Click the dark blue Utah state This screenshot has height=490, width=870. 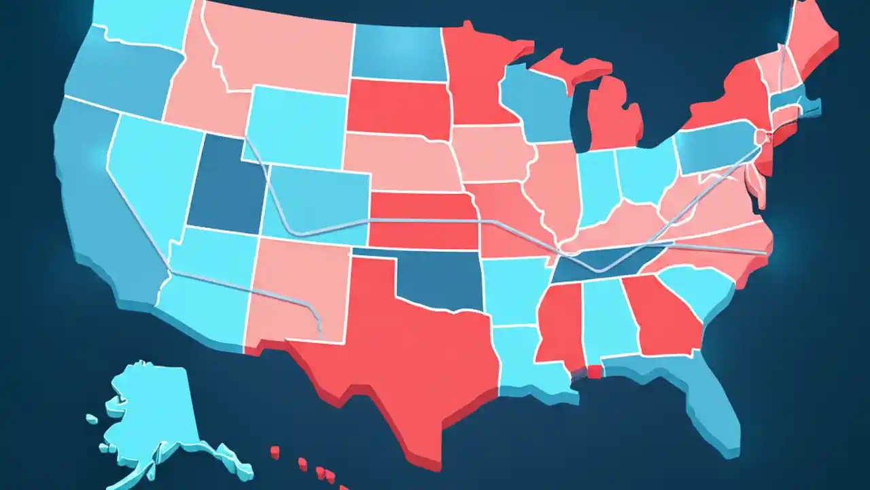tap(224, 187)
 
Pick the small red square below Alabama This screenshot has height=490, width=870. tap(594, 372)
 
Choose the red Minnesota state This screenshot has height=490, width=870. tap(476, 75)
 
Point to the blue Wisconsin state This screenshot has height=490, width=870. tap(537, 102)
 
